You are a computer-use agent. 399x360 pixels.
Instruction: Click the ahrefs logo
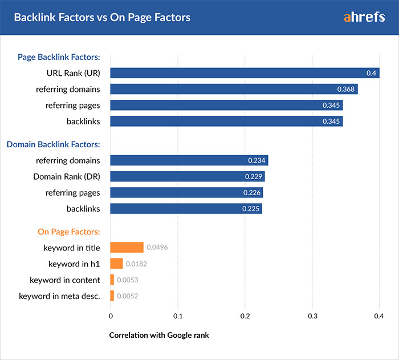tap(365, 17)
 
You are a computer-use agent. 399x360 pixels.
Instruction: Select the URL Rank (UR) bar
tap(245, 73)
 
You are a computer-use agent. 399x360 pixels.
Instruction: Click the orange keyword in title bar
tap(127, 247)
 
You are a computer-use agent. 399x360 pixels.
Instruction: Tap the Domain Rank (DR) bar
tap(187, 177)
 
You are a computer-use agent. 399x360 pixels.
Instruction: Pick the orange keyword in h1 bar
tap(116, 264)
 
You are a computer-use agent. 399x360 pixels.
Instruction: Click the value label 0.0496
tap(157, 248)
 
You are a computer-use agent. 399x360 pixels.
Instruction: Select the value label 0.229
tap(254, 177)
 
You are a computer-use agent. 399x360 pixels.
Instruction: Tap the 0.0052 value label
tap(128, 296)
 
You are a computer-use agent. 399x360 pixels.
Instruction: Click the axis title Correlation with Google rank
tap(159, 335)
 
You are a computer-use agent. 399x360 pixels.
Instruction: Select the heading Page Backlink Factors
tap(59, 57)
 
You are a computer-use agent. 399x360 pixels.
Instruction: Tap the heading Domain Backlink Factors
tap(54, 144)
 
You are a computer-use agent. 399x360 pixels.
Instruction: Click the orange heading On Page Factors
tap(69, 232)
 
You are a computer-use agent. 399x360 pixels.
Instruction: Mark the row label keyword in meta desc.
tap(59, 296)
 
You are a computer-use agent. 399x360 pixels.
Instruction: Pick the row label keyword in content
tap(65, 280)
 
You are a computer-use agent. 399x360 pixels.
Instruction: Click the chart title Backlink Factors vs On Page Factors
tap(102, 17)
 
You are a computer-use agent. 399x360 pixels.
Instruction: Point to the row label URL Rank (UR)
tap(74, 73)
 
